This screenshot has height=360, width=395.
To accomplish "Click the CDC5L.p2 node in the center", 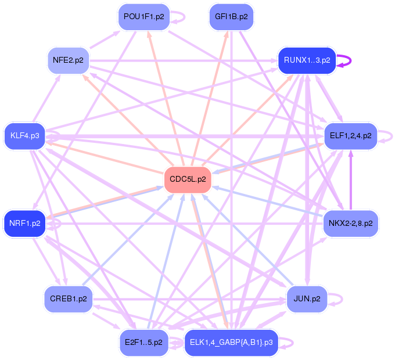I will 188,179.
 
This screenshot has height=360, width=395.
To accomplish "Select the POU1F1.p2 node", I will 143,17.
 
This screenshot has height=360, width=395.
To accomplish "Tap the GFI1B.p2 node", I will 231,17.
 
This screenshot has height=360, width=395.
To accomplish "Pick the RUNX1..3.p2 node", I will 307,60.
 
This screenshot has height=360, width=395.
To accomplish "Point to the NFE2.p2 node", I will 68,60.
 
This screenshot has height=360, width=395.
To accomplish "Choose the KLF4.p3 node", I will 25,136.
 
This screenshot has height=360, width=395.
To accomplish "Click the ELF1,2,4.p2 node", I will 350,136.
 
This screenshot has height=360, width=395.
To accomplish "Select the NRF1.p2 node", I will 25,223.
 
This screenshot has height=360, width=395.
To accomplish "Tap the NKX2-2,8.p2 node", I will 350,223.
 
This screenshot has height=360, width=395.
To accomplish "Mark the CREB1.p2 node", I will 68,299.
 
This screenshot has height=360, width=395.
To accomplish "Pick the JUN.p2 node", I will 307,299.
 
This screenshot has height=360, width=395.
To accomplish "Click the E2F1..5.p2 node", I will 143,343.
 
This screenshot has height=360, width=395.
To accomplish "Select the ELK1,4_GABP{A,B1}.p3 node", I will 231,343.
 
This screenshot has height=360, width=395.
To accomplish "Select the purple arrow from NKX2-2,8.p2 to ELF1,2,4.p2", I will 350,180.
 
